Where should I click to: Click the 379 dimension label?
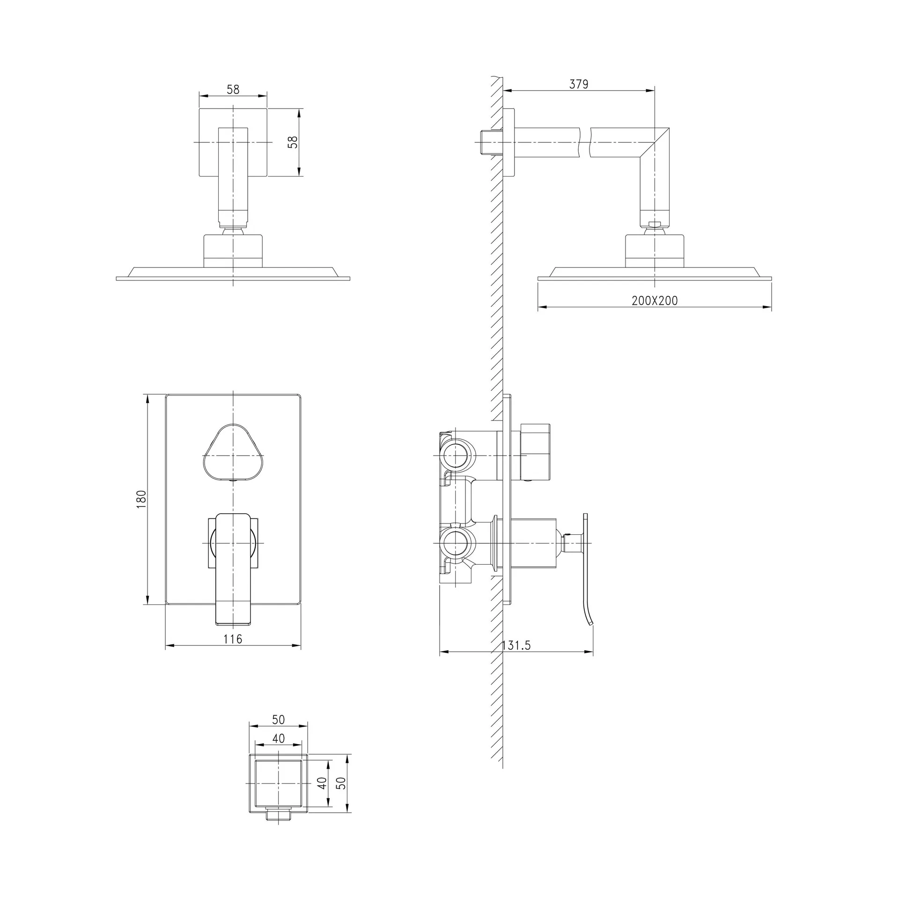pos(579,84)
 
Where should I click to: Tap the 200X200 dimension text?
pos(655,301)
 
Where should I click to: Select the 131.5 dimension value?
pos(516,645)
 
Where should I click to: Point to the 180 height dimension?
pos(141,499)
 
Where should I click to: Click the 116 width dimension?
pos(233,639)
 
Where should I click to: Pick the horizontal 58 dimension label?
pos(233,89)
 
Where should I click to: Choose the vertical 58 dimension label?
pos(293,142)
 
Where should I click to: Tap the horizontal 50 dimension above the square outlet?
pos(278,720)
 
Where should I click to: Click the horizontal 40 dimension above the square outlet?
pos(278,738)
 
